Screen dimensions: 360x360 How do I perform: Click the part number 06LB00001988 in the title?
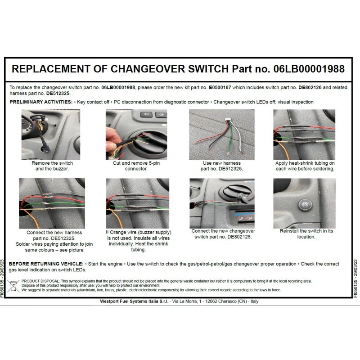click(309, 69)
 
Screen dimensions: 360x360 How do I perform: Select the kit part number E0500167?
click(220, 87)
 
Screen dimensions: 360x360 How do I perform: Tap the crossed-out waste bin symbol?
click(13, 286)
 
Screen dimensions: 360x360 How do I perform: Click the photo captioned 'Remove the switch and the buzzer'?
click(51, 135)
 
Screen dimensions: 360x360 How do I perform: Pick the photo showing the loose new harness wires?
click(222, 135)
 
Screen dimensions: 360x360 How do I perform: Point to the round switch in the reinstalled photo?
click(305, 204)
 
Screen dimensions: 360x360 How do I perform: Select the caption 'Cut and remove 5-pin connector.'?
click(136, 166)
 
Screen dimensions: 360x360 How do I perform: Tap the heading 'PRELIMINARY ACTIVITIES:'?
click(41, 102)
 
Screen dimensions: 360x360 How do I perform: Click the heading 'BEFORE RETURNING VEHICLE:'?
click(46, 264)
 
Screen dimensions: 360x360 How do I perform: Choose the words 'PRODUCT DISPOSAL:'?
click(40, 281)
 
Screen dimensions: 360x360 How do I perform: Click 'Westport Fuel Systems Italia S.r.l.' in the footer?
click(134, 301)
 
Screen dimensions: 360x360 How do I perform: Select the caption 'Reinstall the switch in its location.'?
click(306, 234)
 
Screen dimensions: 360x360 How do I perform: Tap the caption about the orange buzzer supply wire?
click(138, 241)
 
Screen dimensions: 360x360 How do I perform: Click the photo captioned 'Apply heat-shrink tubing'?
click(304, 135)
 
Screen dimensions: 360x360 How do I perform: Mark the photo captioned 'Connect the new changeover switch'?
click(222, 203)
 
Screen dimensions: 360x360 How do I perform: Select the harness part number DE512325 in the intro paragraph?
click(58, 94)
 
